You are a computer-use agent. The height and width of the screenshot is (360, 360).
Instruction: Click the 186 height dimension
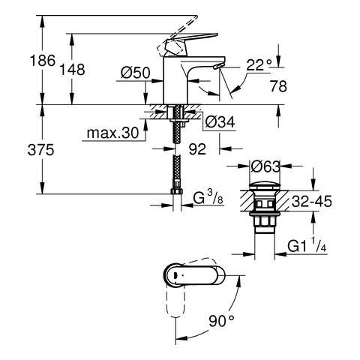pos(43,61)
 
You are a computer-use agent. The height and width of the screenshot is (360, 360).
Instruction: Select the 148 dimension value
pos(72,70)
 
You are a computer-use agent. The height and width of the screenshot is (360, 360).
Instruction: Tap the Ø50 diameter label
pos(135,73)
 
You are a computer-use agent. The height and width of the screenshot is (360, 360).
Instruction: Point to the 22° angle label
pos(259,65)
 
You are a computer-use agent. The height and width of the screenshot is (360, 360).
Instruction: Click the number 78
pos(278,86)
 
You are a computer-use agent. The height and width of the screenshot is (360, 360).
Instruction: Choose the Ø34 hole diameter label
pos(220,122)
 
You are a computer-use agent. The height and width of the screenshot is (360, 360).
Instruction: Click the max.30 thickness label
pos(112,133)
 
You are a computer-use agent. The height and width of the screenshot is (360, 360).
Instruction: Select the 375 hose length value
pos(40,151)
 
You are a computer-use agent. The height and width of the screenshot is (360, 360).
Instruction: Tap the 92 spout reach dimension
pos(197,149)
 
